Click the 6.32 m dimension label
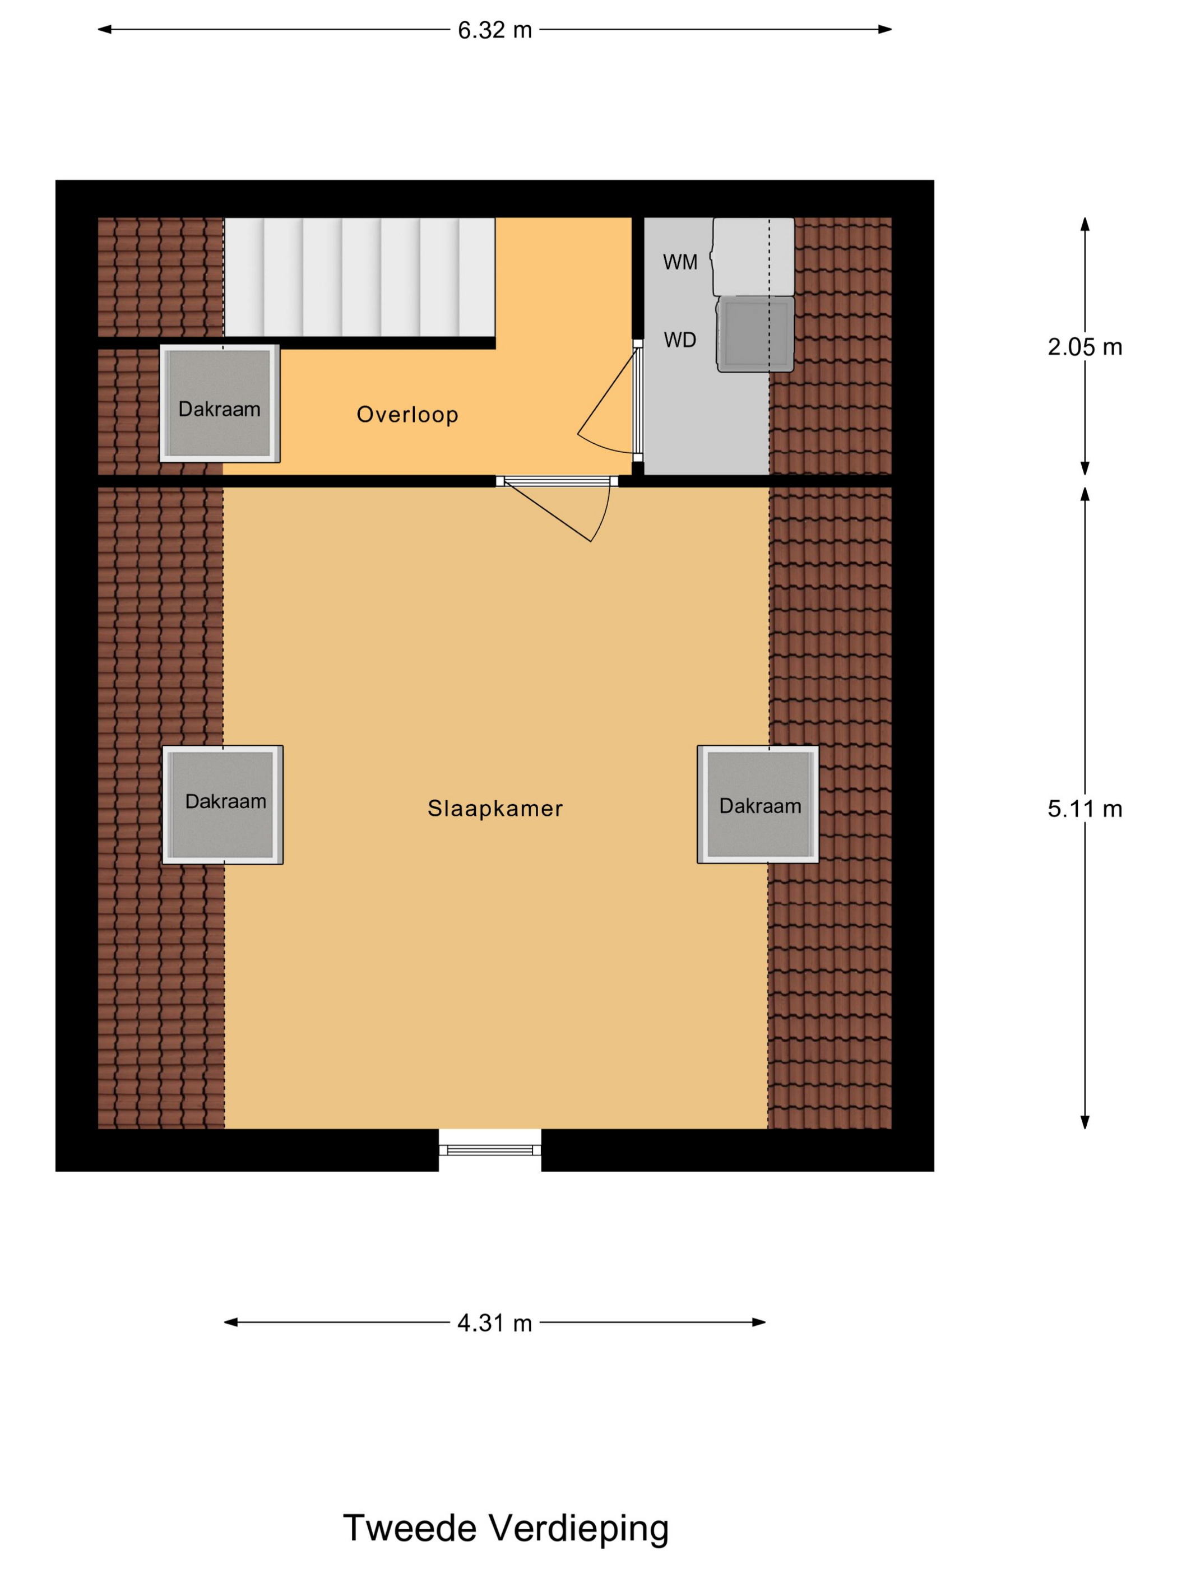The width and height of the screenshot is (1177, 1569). [494, 30]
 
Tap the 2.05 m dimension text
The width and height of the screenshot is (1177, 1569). [1084, 347]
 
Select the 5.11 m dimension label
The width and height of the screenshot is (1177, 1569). [1084, 809]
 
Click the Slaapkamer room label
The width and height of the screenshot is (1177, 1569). [494, 808]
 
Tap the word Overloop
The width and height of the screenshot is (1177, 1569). [407, 414]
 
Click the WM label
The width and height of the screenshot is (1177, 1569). [680, 262]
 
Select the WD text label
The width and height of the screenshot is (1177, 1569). [680, 340]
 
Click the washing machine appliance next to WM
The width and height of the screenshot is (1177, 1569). [753, 256]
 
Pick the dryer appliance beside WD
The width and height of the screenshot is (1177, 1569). [755, 333]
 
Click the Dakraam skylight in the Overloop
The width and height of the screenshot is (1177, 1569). [220, 403]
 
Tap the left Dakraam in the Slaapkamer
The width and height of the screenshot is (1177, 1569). [223, 804]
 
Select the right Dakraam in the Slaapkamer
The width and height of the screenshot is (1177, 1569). [758, 804]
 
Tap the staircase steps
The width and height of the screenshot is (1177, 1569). [359, 277]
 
